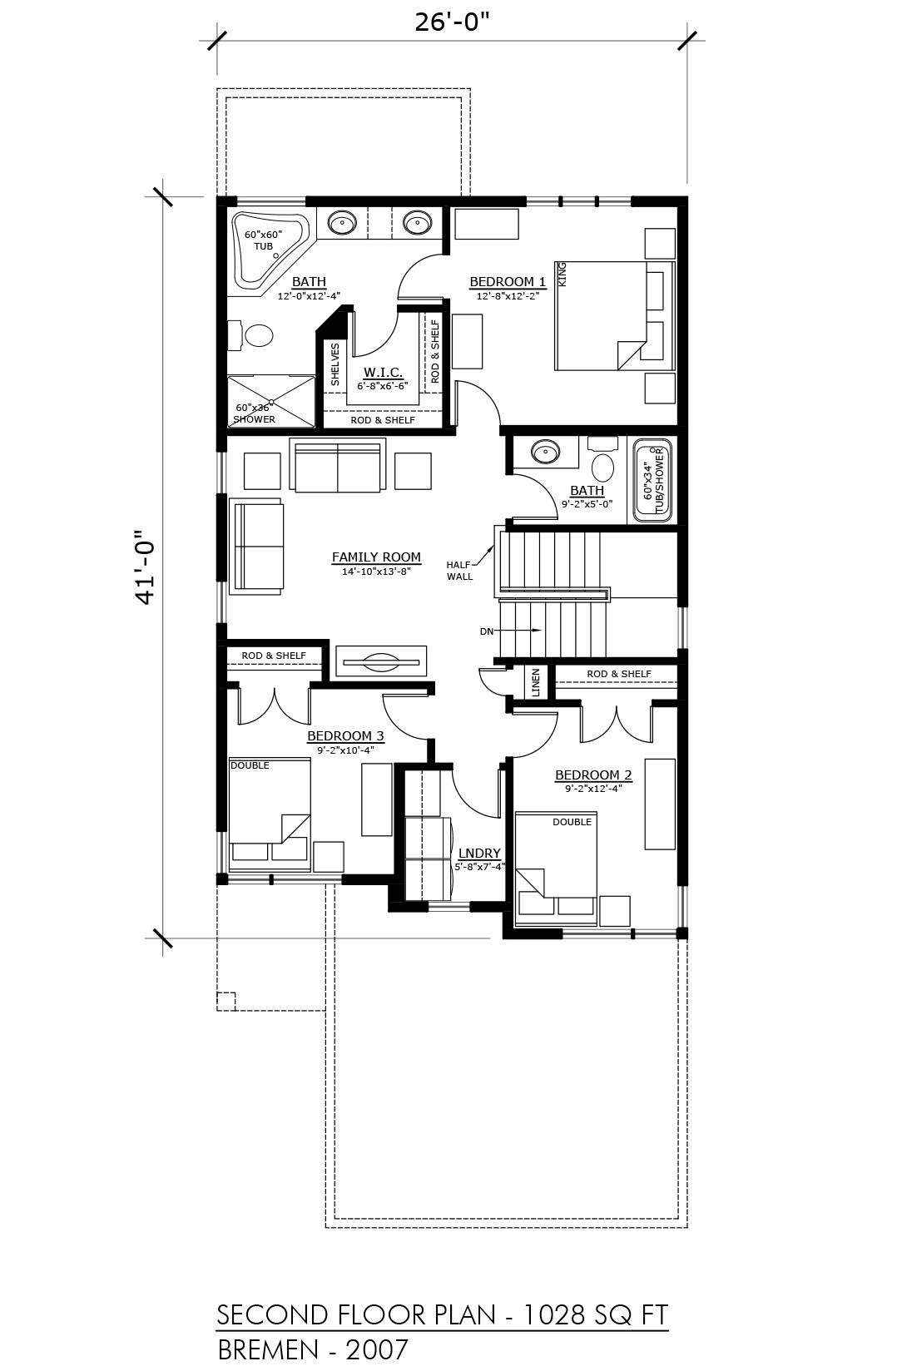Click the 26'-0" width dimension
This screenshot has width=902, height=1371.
[x=453, y=22]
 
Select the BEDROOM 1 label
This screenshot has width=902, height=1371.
[x=508, y=281]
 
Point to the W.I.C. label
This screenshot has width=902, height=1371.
[x=383, y=372]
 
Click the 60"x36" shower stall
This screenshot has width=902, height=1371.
[x=270, y=402]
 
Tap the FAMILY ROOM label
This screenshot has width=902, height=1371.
[x=376, y=557]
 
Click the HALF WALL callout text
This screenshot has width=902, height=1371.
[x=459, y=571]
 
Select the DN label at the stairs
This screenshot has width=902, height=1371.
[x=487, y=631]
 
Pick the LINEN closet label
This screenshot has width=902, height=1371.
[x=536, y=682]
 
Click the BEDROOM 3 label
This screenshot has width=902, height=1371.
[x=345, y=735]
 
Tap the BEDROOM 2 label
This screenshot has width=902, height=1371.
[x=593, y=775]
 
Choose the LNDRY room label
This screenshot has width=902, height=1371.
[x=479, y=854]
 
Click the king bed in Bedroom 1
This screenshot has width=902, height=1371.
[x=614, y=316]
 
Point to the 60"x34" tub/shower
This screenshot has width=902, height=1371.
[x=652, y=481]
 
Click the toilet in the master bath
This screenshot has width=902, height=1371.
[x=251, y=335]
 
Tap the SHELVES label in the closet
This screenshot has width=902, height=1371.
[x=335, y=364]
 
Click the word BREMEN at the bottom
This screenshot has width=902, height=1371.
[x=268, y=1350]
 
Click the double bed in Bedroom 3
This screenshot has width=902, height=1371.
[x=270, y=814]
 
